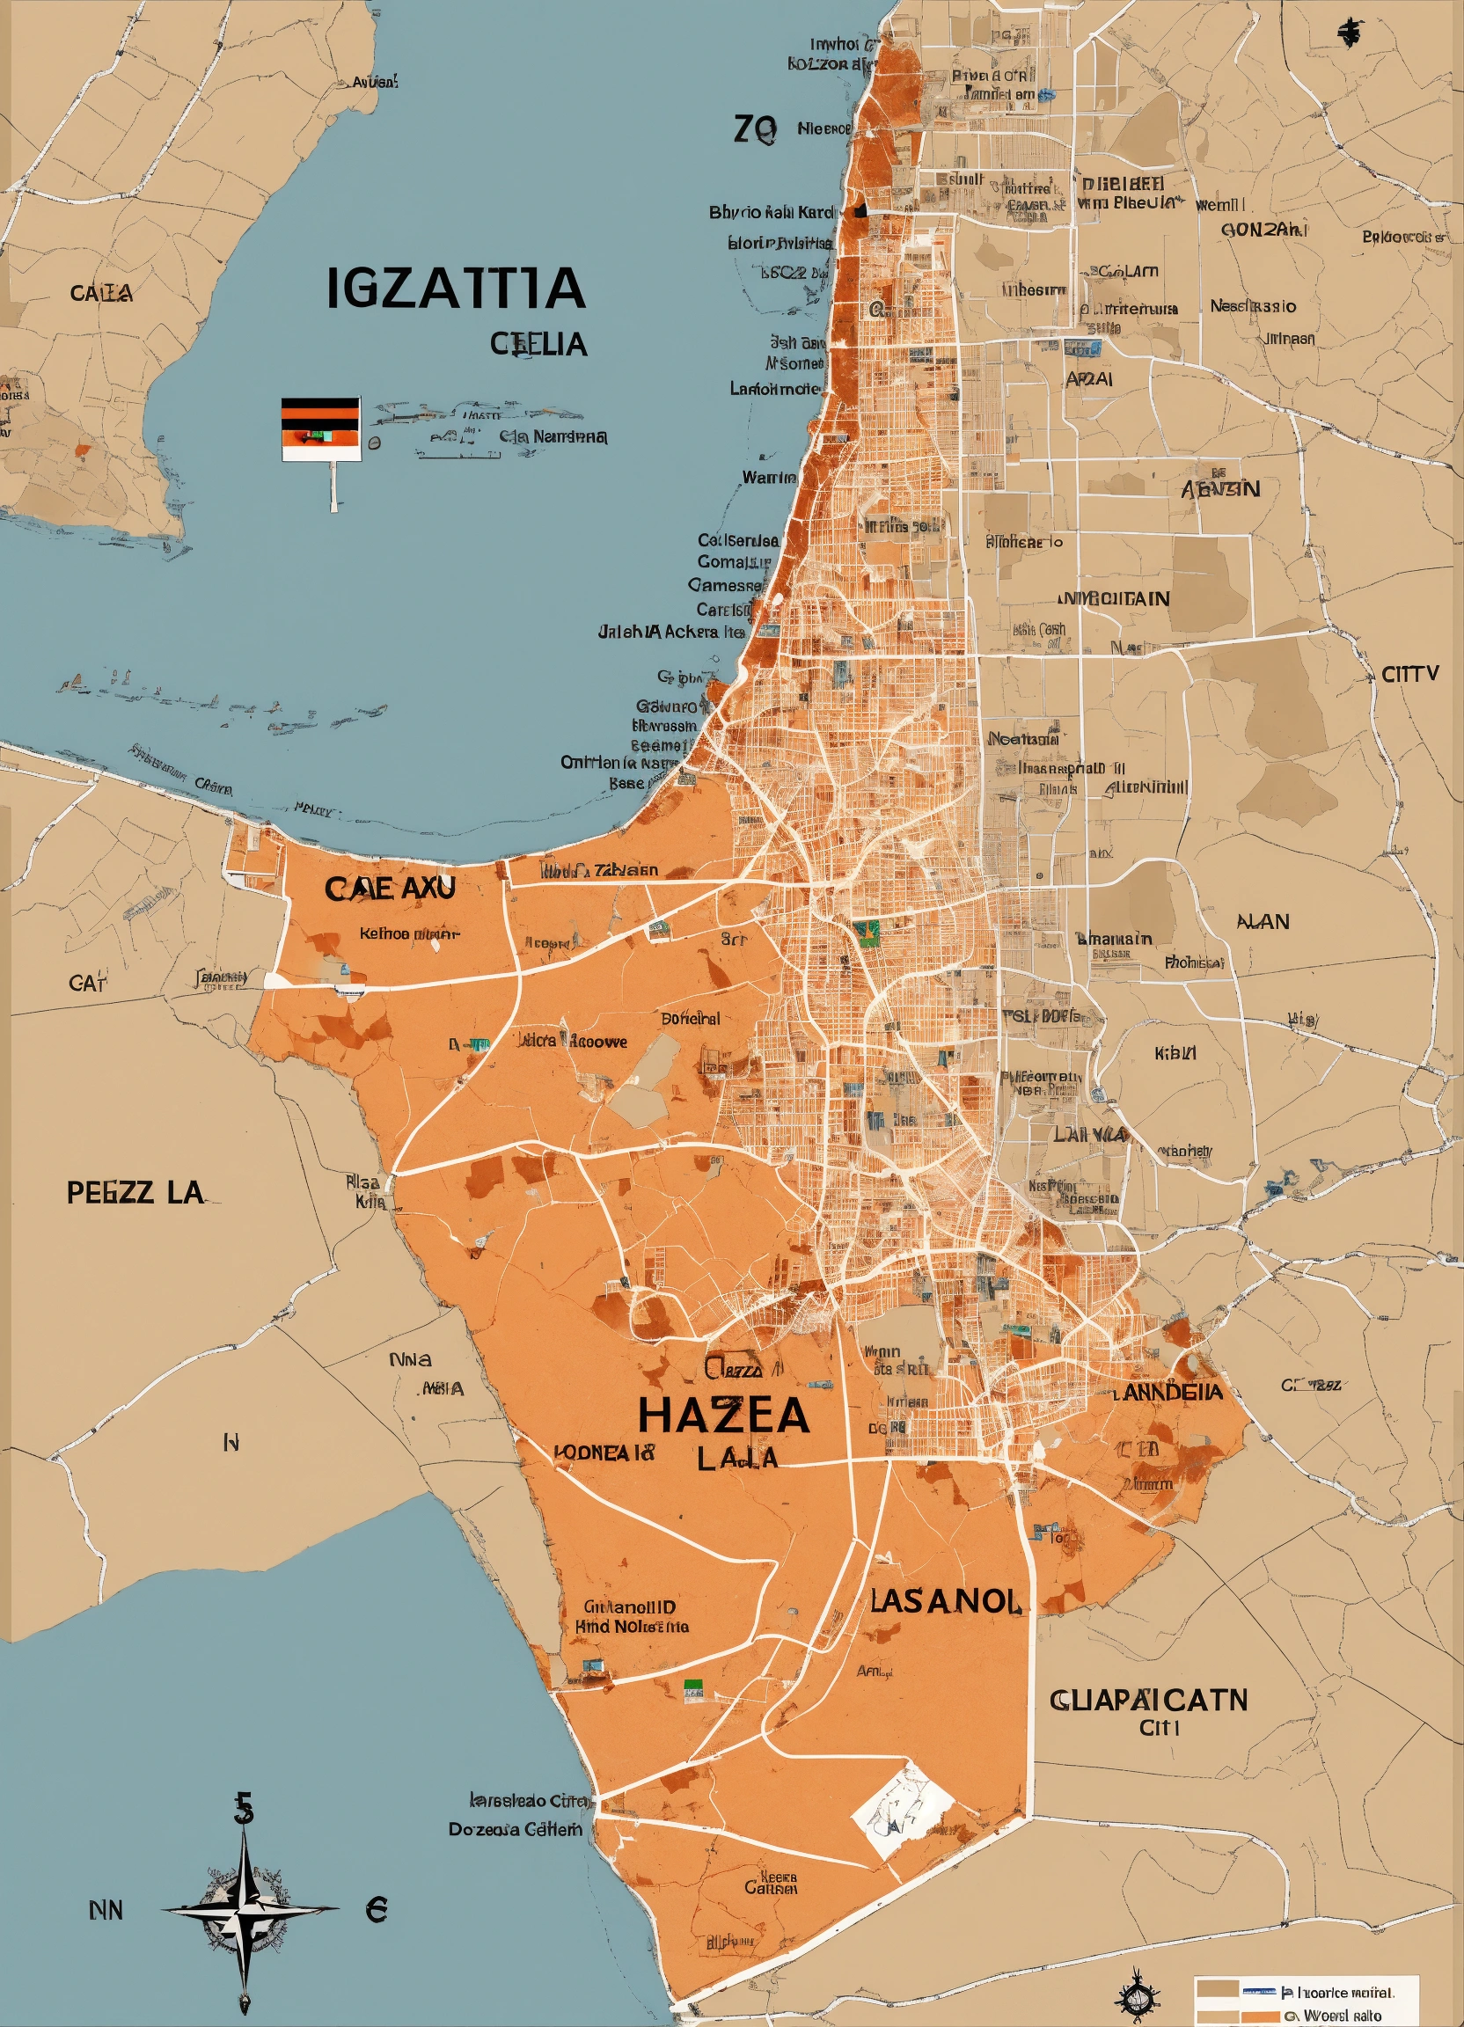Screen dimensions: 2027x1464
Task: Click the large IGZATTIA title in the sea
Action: (455, 288)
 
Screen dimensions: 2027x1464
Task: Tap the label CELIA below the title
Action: (538, 343)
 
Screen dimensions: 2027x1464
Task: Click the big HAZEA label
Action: (724, 1416)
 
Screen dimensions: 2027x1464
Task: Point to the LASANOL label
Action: (945, 1600)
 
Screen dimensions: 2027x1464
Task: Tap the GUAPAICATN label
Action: (1147, 1699)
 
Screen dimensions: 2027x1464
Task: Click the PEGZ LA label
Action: (135, 1192)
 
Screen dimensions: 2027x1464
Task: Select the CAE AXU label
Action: (390, 889)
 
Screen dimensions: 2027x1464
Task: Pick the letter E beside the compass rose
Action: (377, 1911)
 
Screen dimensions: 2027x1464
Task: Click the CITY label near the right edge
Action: (1410, 674)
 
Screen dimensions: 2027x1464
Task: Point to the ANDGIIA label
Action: (1173, 1393)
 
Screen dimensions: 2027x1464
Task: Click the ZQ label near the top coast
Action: (754, 130)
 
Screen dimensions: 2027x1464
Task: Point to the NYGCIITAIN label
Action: (1114, 598)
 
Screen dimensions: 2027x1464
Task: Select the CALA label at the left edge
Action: (102, 293)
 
